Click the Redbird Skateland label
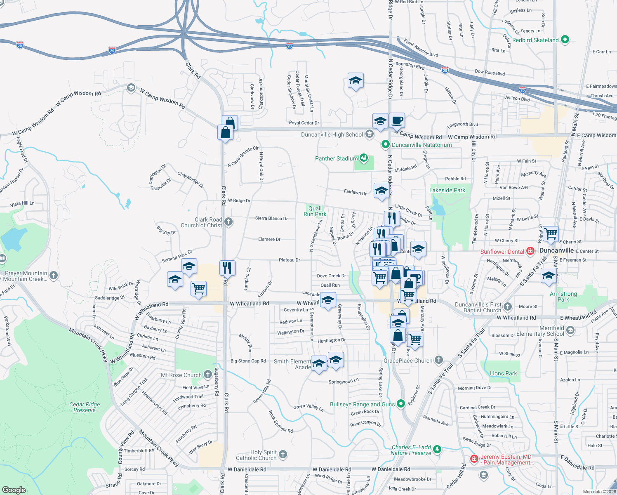(x=535, y=40)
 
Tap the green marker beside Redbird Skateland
(x=565, y=40)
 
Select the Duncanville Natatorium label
(x=422, y=145)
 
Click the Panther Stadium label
(x=336, y=158)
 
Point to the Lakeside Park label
(x=447, y=190)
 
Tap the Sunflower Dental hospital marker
(x=530, y=251)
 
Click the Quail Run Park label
(x=315, y=211)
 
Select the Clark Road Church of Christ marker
(x=228, y=222)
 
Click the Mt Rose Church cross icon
(x=208, y=375)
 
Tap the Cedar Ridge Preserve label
(x=85, y=407)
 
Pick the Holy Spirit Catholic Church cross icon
(x=283, y=455)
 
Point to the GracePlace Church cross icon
(x=438, y=360)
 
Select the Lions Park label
(x=503, y=373)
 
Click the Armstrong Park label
(x=563, y=297)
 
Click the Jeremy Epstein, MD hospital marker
(x=474, y=459)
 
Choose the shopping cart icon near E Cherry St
(x=551, y=233)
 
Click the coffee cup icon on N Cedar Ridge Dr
(x=397, y=120)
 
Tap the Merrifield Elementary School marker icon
(x=570, y=330)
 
